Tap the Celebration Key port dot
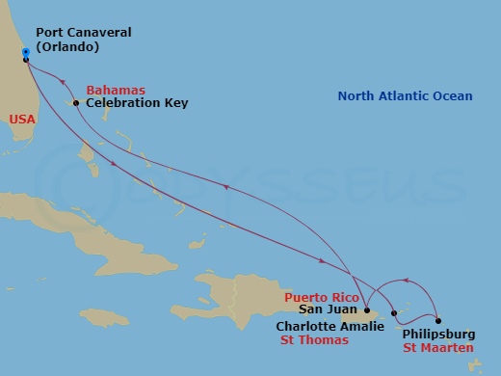75,102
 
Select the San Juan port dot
367,310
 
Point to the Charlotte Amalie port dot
395,312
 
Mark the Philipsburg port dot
438,321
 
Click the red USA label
23,120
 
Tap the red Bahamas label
116,90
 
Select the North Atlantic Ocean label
405,95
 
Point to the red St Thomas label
313,339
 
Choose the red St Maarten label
438,347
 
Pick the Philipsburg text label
438,335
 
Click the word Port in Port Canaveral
50,33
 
